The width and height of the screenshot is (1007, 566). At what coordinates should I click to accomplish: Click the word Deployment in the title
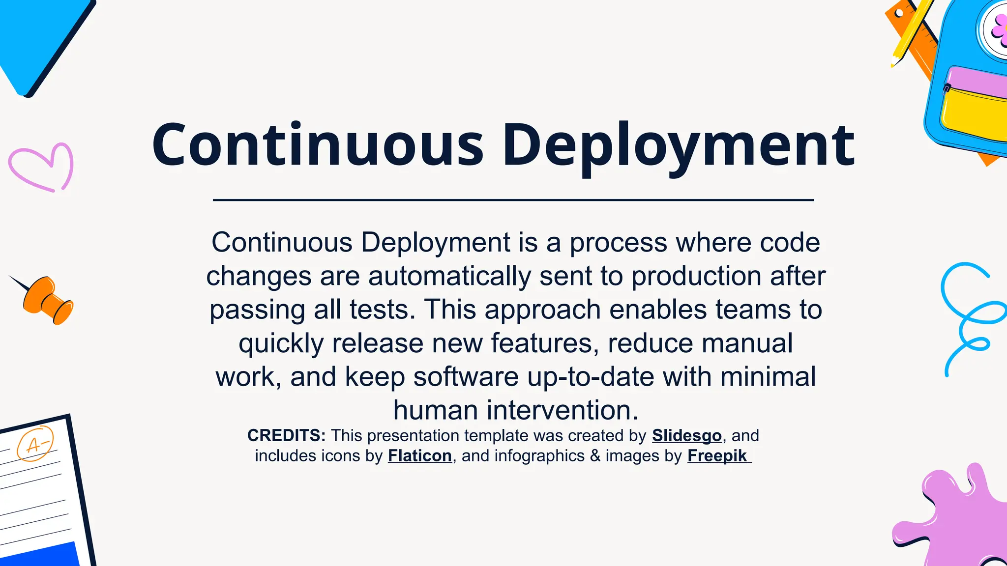click(x=679, y=146)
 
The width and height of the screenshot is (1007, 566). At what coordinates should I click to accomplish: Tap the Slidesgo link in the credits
click(x=686, y=436)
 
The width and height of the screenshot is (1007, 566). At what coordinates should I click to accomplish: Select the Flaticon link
click(x=419, y=456)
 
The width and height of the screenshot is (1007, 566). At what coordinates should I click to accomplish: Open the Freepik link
click(x=717, y=456)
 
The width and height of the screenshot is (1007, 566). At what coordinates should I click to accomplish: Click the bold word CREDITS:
click(x=286, y=436)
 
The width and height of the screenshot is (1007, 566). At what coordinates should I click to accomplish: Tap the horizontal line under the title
click(x=513, y=200)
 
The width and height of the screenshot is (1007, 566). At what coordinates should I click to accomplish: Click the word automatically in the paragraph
click(x=449, y=277)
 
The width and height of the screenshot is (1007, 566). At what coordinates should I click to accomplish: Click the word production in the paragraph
click(x=696, y=277)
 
